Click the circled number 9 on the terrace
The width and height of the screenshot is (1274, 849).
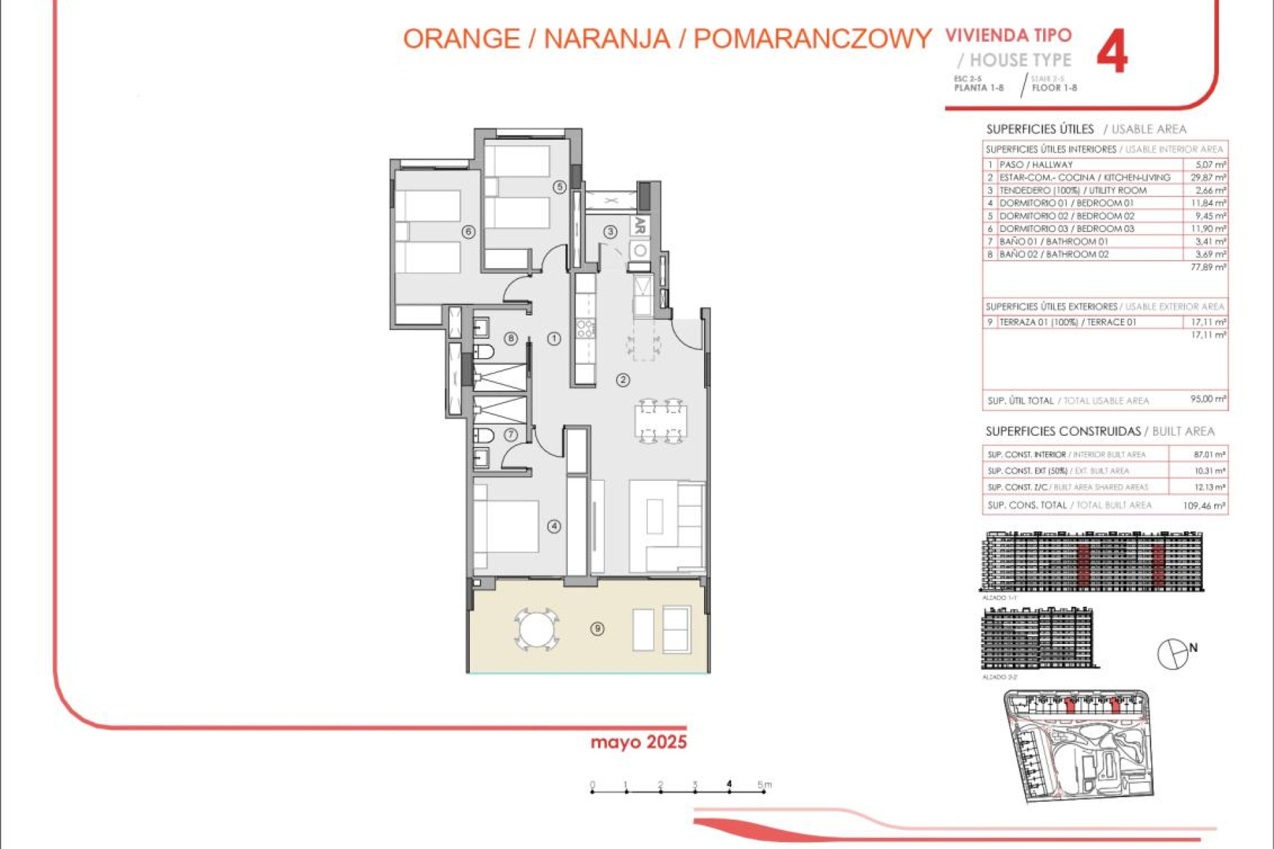597,628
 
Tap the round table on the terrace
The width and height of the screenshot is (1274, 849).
536,629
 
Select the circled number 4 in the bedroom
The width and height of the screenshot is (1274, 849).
554,527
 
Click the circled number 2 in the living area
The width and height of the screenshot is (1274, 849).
622,380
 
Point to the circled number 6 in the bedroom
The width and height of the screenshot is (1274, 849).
468,232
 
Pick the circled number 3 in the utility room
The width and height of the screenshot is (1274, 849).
610,231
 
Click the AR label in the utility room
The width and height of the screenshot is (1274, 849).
640,226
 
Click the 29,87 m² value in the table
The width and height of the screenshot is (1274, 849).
1208,177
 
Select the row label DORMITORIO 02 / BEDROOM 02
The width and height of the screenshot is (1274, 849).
1066,216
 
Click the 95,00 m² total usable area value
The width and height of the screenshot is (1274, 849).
1208,399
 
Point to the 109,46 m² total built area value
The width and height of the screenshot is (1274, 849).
1204,505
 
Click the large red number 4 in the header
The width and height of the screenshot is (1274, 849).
1111,52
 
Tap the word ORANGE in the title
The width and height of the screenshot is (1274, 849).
461,38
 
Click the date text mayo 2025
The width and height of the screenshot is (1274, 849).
638,742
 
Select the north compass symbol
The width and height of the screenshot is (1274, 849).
1173,654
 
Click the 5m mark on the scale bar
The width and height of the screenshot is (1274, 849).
763,786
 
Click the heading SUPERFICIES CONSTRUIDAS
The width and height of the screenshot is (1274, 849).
1062,431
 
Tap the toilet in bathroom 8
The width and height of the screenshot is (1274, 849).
483,351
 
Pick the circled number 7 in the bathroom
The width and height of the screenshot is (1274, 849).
510,435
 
